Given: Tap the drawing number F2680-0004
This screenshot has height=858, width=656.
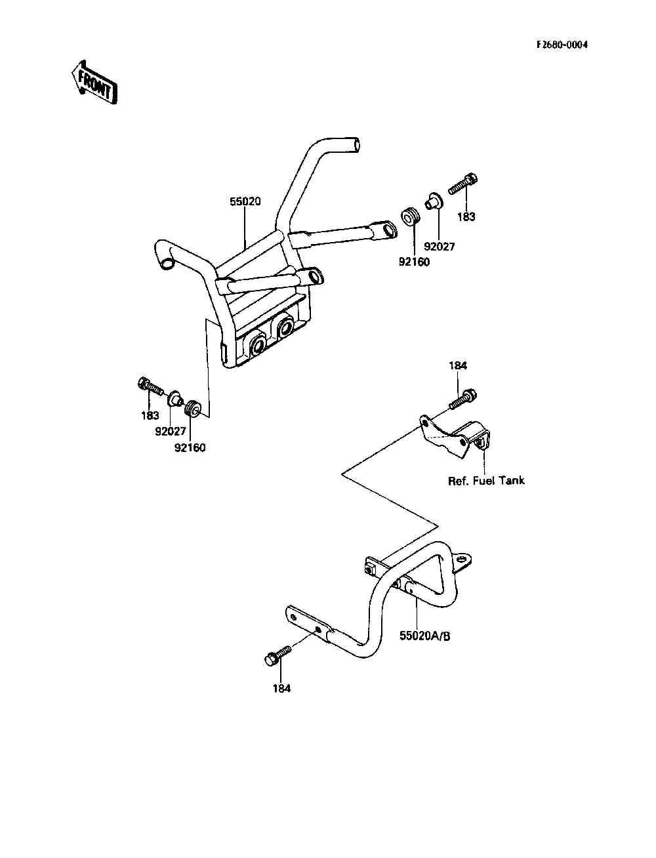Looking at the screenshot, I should tap(562, 45).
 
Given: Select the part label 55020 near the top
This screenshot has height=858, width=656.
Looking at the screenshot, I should tap(245, 201).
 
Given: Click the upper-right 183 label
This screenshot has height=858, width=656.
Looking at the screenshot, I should tap(466, 216).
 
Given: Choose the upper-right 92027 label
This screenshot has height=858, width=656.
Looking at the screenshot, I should tap(439, 247).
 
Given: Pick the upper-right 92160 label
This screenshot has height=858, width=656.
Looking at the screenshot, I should tap(414, 262).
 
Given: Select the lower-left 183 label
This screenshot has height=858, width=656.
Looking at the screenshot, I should tap(150, 415).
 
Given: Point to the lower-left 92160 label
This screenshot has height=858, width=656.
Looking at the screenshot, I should tap(190, 448).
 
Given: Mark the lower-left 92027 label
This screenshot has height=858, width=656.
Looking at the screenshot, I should tap(171, 432).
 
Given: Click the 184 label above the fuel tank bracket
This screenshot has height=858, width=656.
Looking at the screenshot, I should tap(458, 365).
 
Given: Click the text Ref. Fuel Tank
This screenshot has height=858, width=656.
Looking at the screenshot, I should tap(486, 480).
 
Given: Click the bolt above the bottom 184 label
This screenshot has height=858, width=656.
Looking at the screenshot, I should tap(277, 655).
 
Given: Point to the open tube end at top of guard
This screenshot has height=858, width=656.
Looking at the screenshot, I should tap(355, 144).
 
